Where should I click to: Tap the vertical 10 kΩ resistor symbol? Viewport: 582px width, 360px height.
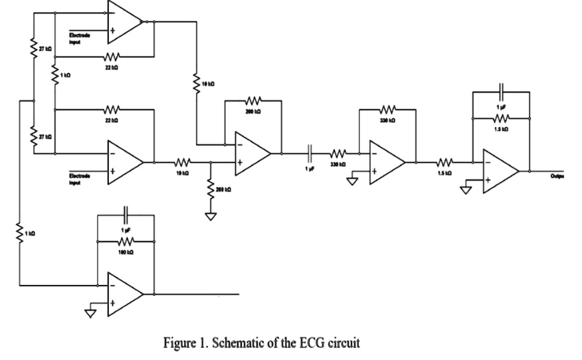point(196,82)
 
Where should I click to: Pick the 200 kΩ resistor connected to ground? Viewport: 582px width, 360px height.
point(212,189)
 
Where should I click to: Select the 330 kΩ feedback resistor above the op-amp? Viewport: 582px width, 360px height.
point(387,109)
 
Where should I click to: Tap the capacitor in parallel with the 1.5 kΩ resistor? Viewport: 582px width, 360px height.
point(502,88)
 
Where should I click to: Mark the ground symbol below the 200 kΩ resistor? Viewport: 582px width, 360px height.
point(212,216)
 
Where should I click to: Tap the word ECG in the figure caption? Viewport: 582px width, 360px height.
point(309,343)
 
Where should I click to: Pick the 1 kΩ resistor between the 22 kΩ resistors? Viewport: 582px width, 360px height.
point(55,77)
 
